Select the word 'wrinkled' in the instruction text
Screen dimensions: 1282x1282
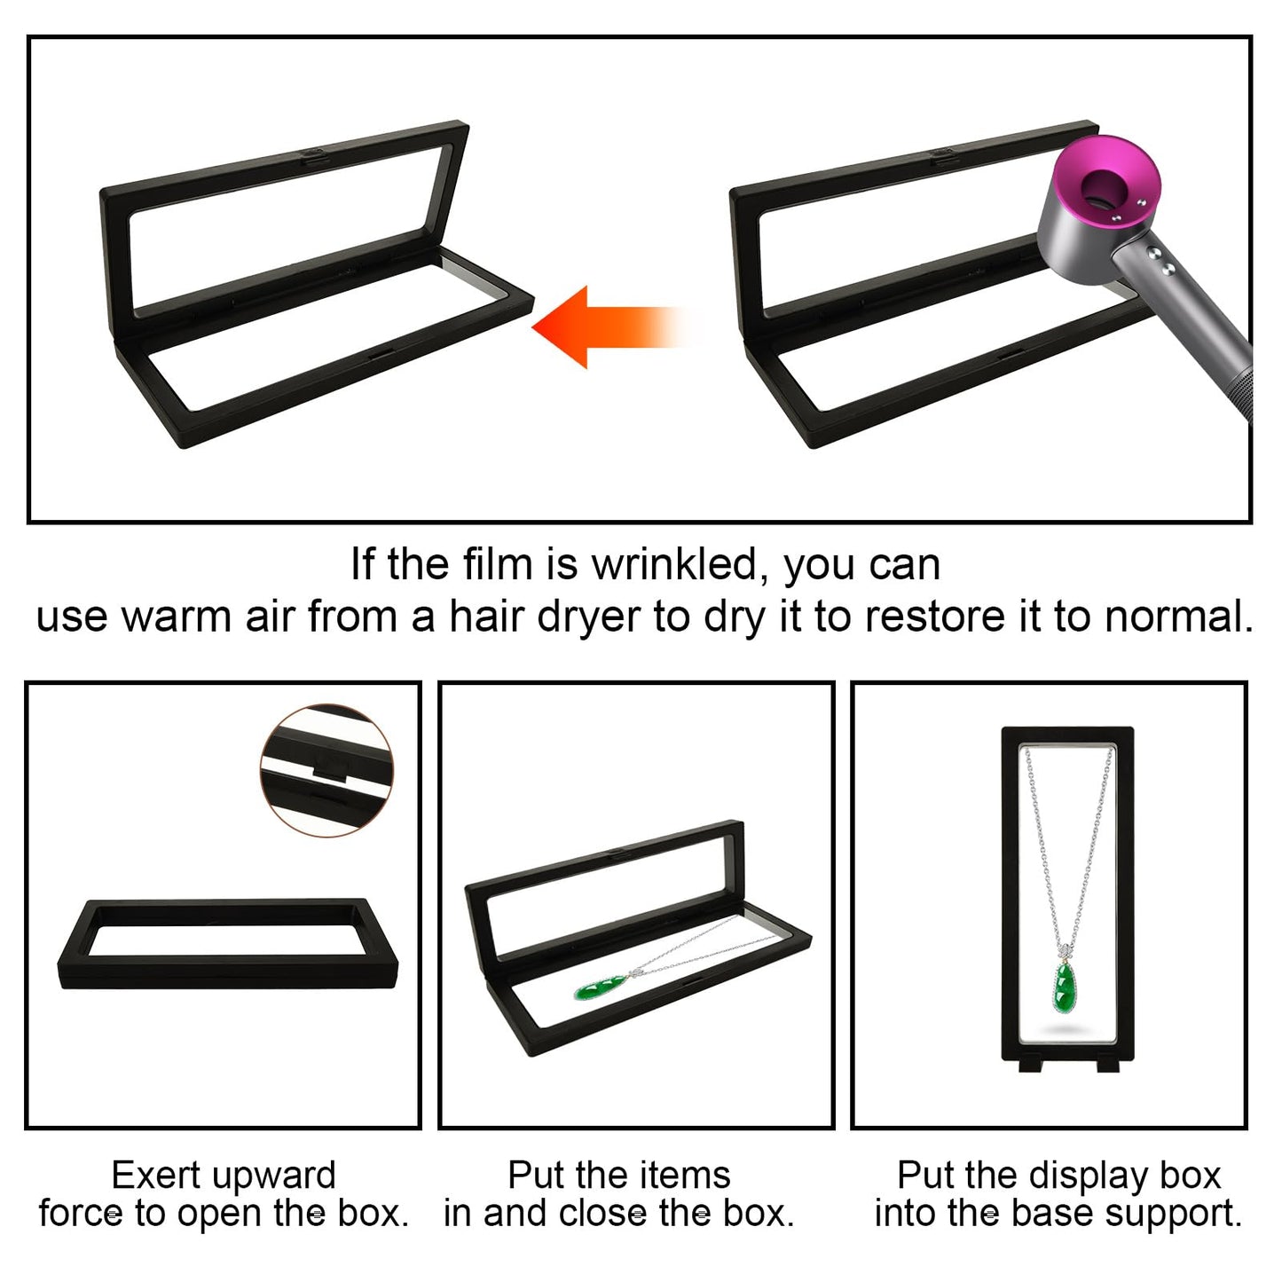click(x=674, y=565)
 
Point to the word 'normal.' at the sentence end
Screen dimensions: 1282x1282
click(x=1179, y=617)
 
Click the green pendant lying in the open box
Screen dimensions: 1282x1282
click(x=600, y=989)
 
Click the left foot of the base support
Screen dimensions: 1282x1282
click(x=1031, y=1066)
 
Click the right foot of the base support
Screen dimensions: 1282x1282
click(x=1108, y=1066)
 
